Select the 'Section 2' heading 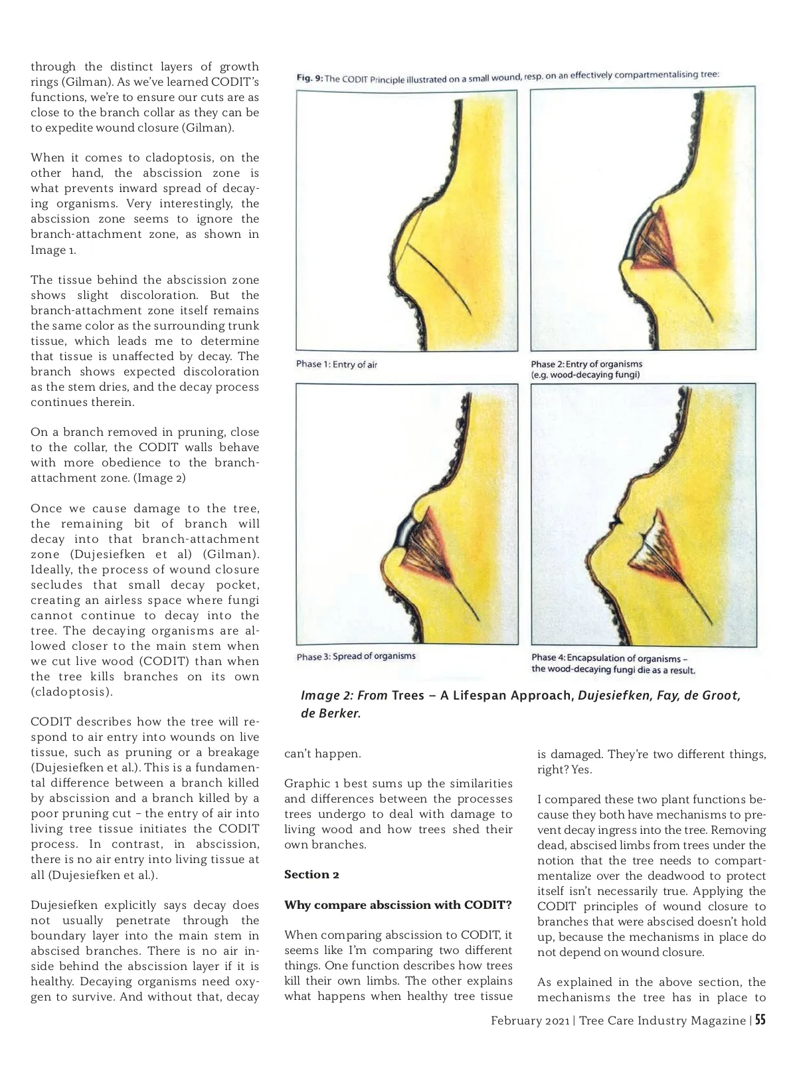click(x=311, y=874)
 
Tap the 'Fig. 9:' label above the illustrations click(x=309, y=78)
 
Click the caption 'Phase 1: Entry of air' click(x=337, y=364)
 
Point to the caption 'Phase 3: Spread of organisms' click(x=356, y=656)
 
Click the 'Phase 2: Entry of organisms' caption click(x=586, y=364)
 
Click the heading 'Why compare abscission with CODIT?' click(x=398, y=905)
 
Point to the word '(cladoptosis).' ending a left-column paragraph click(x=72, y=692)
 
